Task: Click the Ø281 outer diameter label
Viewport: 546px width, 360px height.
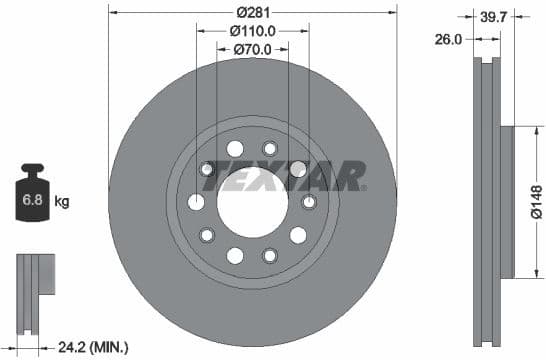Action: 252,12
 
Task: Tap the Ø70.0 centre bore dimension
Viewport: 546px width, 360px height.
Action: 252,49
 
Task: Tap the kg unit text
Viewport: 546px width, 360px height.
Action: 62,202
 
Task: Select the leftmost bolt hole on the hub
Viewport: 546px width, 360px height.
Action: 196,203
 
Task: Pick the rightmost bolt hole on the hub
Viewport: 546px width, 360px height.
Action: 309,203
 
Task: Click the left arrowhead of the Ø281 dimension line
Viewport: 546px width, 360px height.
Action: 112,13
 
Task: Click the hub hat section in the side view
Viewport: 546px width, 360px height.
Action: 504,200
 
